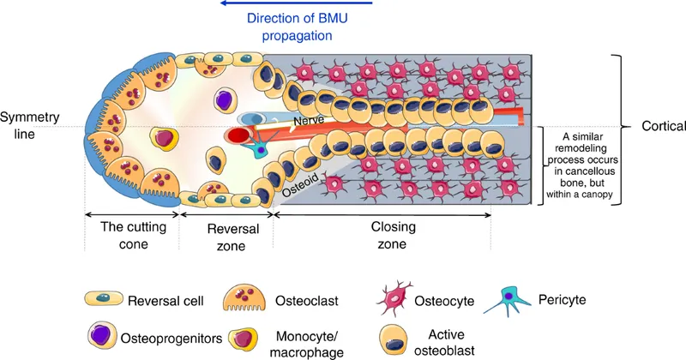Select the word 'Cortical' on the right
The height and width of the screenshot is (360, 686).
point(663,126)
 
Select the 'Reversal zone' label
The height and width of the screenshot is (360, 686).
point(223,237)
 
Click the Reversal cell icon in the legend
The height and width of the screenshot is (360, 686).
point(101,299)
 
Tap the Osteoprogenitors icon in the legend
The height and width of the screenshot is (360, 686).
point(101,335)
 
